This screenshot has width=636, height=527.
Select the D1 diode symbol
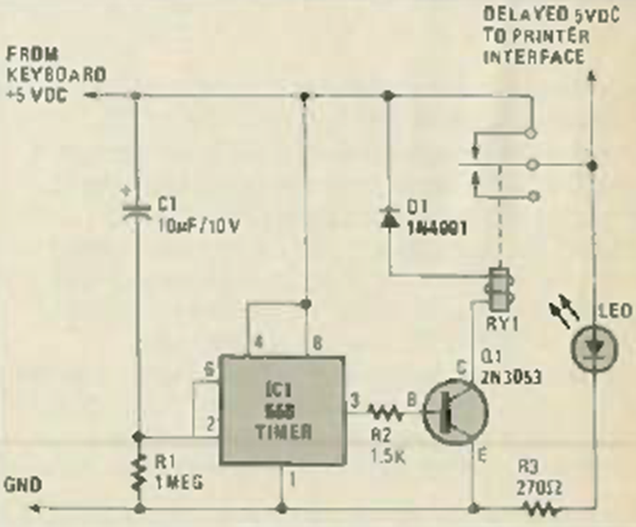click(x=389, y=219)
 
